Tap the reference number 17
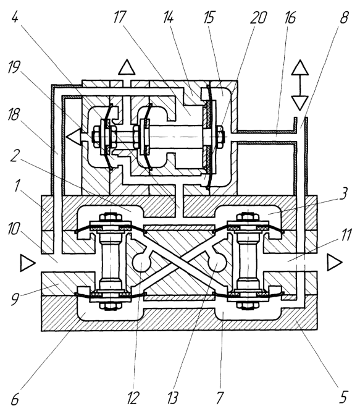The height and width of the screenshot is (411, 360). [x=119, y=17]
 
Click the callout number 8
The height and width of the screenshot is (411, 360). [x=344, y=17]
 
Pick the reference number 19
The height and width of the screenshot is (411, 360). [x=14, y=67]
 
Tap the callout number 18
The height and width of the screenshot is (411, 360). [x=14, y=114]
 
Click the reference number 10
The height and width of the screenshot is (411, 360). [x=13, y=228]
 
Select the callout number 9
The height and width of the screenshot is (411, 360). [x=15, y=299]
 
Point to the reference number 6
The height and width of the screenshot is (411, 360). [x=15, y=398]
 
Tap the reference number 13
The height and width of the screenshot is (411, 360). [x=174, y=398]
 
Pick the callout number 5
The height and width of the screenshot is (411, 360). [x=343, y=398]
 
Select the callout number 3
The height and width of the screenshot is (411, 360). [x=343, y=194]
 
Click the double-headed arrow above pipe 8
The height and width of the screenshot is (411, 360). [x=300, y=85]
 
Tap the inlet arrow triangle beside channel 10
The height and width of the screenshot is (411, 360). [x=28, y=263]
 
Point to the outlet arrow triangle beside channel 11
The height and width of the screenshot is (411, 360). [x=334, y=263]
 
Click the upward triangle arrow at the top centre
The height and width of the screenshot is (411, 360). [x=127, y=67]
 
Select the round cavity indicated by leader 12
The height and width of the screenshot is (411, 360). [x=141, y=263]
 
